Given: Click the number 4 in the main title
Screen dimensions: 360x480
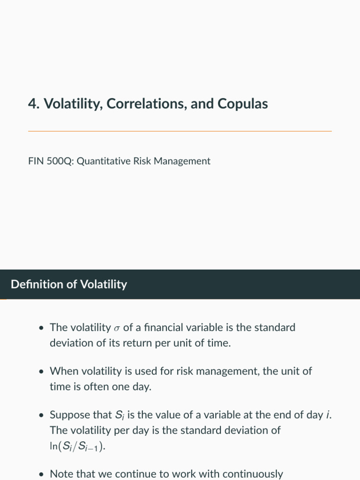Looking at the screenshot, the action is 32,104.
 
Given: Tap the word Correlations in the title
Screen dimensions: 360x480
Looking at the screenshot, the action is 147,104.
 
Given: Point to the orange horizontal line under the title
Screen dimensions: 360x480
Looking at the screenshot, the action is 180,131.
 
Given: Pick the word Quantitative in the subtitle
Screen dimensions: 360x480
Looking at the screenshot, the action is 104,161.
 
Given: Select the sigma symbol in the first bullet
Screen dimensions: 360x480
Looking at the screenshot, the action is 116,329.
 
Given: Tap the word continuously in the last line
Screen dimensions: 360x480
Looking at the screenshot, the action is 252,474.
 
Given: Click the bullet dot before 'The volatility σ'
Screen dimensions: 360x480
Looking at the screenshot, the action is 42,328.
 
